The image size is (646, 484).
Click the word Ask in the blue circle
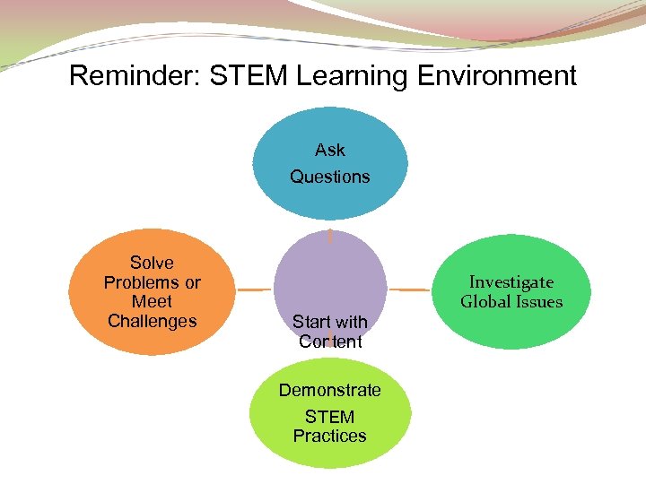click(x=330, y=150)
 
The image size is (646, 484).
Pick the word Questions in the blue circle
click(x=330, y=177)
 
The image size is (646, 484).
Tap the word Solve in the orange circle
click(x=152, y=263)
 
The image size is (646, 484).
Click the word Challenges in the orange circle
click(x=152, y=321)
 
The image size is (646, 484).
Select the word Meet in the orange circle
click(x=152, y=301)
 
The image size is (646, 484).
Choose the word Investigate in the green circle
click(x=511, y=282)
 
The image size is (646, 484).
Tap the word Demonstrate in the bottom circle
click(x=330, y=390)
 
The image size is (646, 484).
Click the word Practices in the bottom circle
click(x=330, y=436)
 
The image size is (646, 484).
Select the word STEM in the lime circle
click(x=330, y=417)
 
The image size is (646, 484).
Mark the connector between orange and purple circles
click(x=254, y=290)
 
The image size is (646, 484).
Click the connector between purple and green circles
click(x=412, y=290)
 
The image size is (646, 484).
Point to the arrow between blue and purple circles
click(x=330, y=236)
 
